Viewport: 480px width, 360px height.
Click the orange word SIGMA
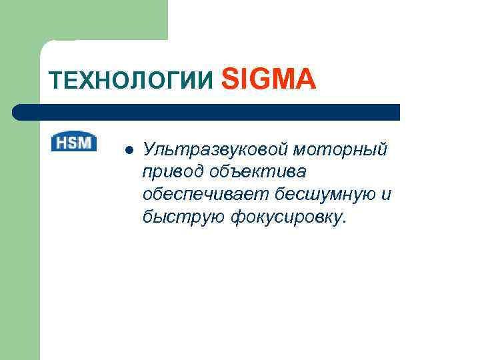click(x=267, y=79)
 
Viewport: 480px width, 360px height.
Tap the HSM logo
click(x=74, y=142)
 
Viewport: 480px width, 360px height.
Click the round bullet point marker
click(x=129, y=149)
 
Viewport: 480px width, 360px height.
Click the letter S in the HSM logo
click(x=73, y=142)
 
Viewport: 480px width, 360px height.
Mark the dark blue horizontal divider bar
click(x=207, y=112)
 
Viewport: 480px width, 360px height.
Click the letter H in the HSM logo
click(x=61, y=142)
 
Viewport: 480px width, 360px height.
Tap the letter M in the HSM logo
click(x=87, y=142)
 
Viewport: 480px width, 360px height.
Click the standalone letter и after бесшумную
click(x=385, y=194)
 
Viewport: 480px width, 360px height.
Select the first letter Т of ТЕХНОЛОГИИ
click(x=54, y=81)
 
